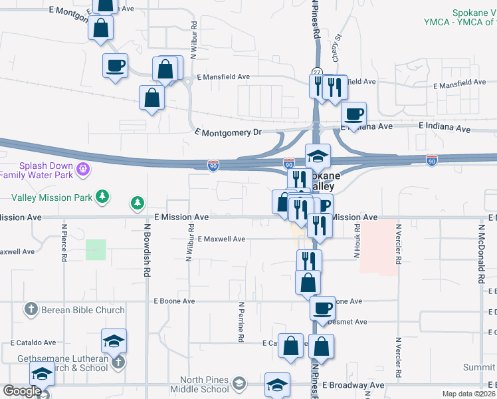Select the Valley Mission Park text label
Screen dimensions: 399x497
click(x=52, y=198)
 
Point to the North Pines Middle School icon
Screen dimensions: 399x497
click(x=239, y=382)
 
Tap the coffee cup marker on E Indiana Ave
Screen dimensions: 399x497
click(x=355, y=114)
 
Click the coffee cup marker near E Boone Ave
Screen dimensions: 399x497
click(x=323, y=307)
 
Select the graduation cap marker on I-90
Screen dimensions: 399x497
click(x=318, y=156)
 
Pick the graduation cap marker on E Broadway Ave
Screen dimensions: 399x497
click(x=277, y=384)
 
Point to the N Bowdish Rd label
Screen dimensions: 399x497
click(x=147, y=249)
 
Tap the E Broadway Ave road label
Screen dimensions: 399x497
click(x=353, y=385)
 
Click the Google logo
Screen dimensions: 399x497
click(x=21, y=391)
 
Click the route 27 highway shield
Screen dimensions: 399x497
click(x=317, y=72)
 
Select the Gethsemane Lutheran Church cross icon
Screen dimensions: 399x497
click(x=118, y=362)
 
